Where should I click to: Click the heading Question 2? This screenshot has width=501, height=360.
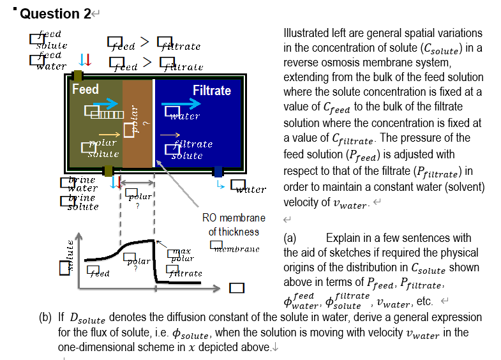[x=56, y=14]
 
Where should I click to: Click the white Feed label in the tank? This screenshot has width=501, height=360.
[x=85, y=90]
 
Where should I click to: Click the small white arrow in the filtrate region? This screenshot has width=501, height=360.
[x=169, y=135]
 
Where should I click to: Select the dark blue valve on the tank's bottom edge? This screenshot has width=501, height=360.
[x=218, y=171]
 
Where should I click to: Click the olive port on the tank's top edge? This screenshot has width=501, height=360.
[x=78, y=76]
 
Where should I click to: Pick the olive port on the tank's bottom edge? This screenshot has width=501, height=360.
[x=108, y=171]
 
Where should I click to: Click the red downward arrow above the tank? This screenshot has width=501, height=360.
[x=89, y=60]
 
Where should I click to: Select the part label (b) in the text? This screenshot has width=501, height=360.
[x=45, y=317]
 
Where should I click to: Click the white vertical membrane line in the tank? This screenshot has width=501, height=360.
[x=154, y=121]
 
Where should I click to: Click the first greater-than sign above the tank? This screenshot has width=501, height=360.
[x=144, y=42]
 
